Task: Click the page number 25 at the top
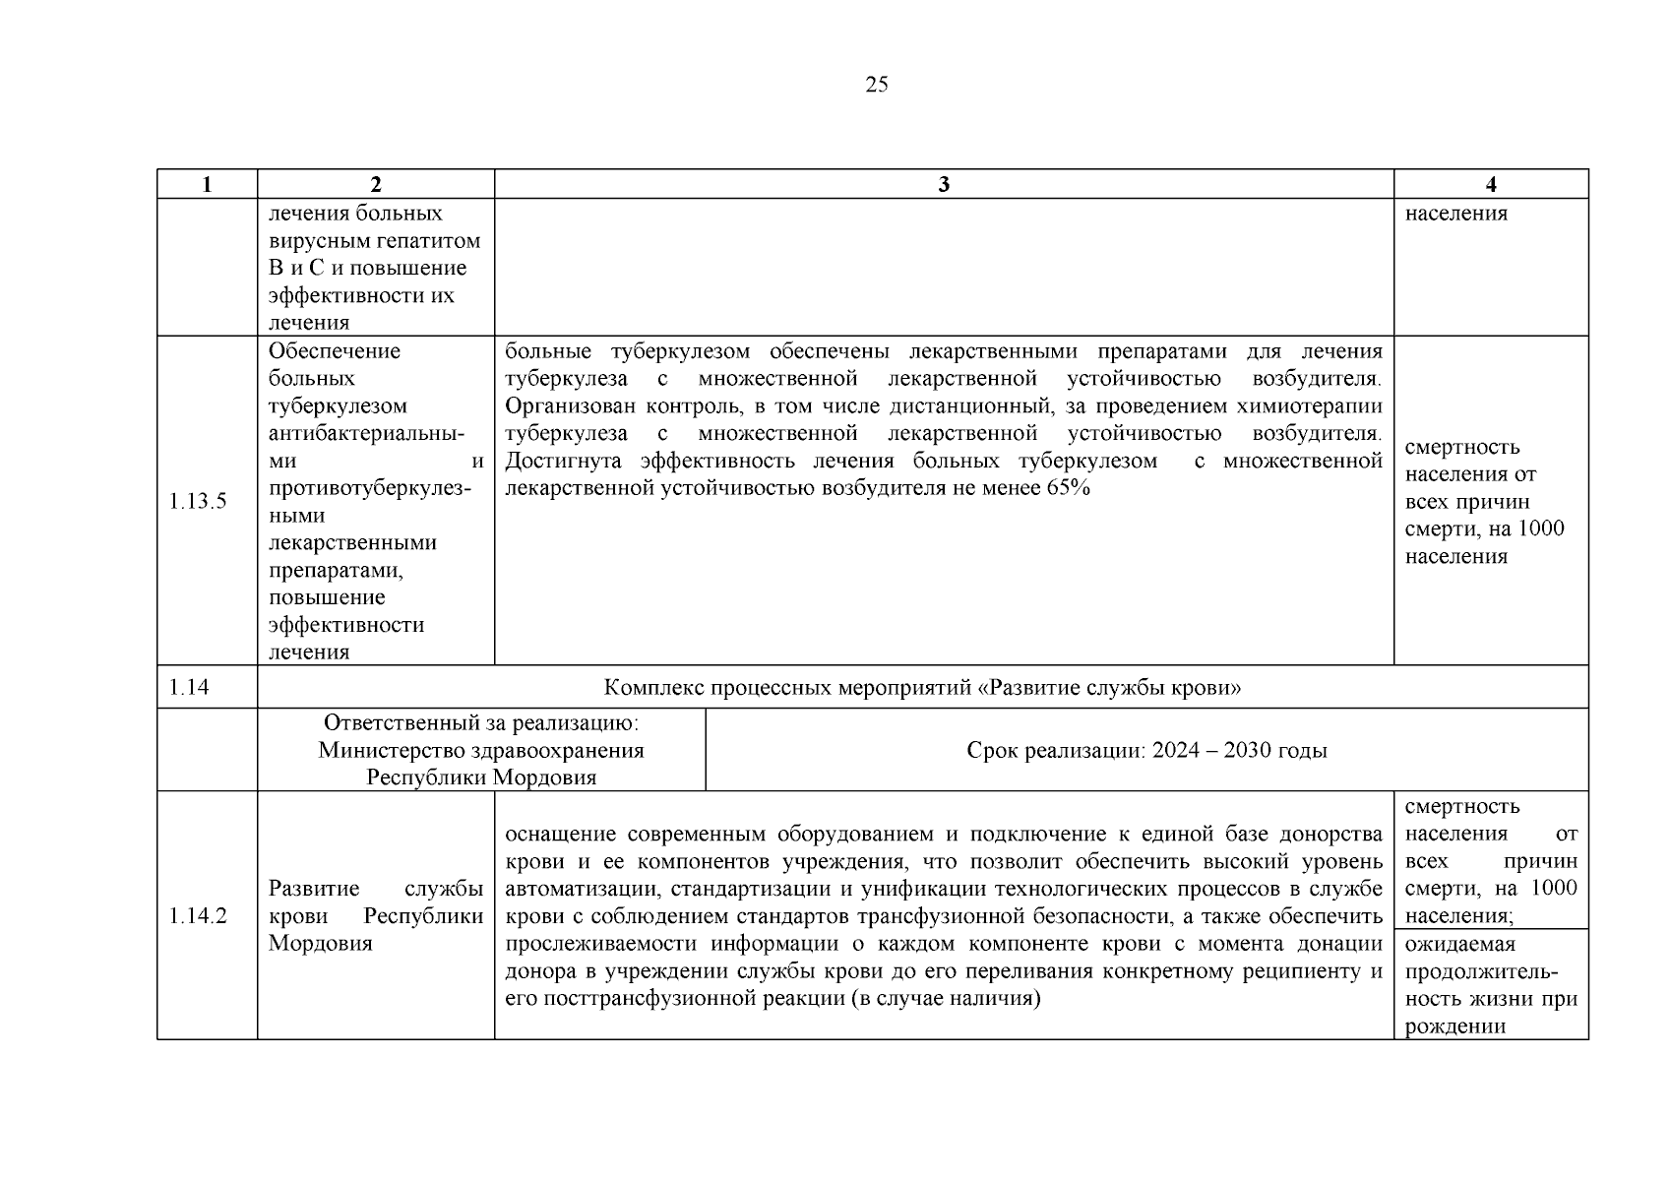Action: coord(876,85)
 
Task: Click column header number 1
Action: coord(207,184)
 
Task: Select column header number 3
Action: coord(944,184)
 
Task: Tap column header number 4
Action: coord(1491,184)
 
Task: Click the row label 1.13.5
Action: coord(198,501)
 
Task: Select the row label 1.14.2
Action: coord(198,916)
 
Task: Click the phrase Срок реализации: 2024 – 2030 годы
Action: coord(1146,751)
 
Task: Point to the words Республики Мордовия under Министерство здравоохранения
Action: coord(481,777)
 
